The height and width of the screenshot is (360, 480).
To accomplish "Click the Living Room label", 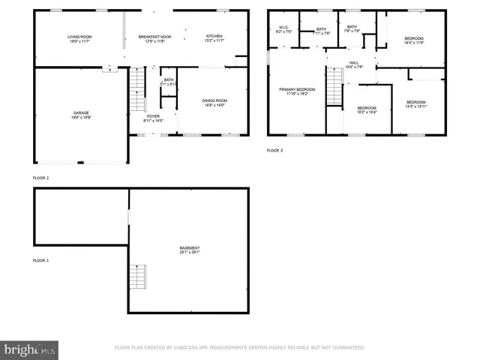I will (x=79, y=39).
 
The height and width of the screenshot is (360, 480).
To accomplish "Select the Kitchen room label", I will (x=214, y=39).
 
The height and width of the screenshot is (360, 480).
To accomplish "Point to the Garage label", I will (x=81, y=115).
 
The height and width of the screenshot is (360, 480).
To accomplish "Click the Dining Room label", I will (x=214, y=103).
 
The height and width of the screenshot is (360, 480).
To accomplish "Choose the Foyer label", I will (x=153, y=118).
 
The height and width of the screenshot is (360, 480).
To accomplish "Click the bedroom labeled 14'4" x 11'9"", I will (x=414, y=40).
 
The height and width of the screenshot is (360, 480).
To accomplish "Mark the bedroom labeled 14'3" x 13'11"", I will (x=415, y=104).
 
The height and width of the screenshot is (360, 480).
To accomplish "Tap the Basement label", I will (x=190, y=250).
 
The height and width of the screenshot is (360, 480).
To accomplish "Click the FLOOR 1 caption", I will (x=40, y=260).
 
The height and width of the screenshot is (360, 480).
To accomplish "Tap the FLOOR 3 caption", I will (x=275, y=151).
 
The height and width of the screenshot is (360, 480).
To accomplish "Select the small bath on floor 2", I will (x=169, y=82).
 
